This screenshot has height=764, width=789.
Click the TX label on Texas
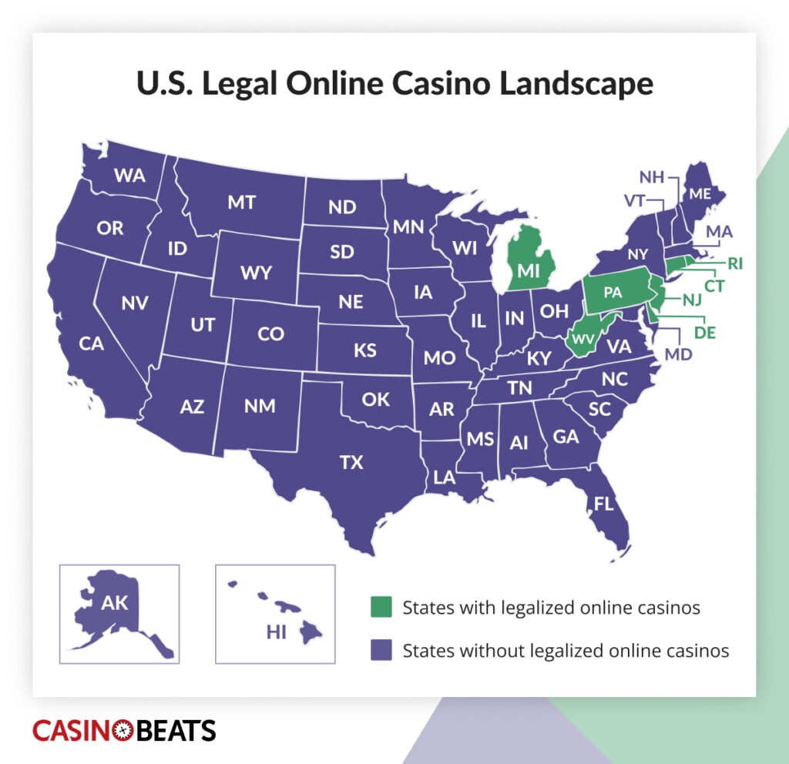click(x=351, y=463)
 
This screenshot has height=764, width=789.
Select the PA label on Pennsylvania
click(x=613, y=293)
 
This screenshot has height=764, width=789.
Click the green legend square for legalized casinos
click(x=380, y=607)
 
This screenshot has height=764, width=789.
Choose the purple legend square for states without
click(x=380, y=650)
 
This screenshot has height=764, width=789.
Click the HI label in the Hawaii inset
click(x=276, y=632)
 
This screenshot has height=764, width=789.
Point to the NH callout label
click(x=652, y=177)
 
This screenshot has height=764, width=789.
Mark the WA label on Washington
click(x=129, y=176)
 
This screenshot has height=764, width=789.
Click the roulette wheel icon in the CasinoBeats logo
click(x=123, y=730)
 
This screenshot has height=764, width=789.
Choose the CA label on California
click(x=91, y=343)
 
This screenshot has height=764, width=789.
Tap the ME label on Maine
click(x=700, y=194)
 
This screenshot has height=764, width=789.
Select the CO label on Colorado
click(x=270, y=334)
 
